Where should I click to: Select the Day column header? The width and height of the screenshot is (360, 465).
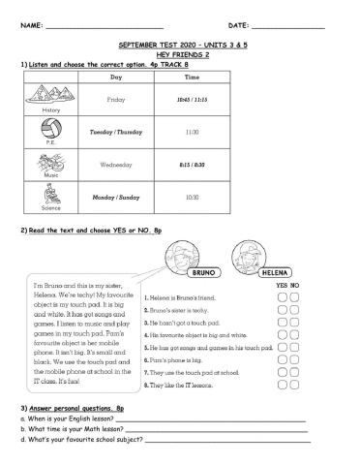click(x=116, y=77)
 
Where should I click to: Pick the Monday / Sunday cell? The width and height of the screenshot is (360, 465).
click(x=116, y=197)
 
